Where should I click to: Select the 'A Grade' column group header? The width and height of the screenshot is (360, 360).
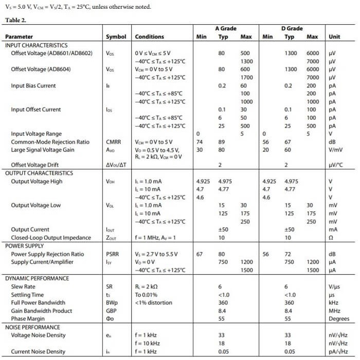tap(226, 28)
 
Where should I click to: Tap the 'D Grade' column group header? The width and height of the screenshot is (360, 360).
tap(292, 28)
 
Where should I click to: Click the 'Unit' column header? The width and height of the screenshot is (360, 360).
tap(334, 37)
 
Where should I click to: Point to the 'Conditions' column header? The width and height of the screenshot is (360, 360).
tap(149, 37)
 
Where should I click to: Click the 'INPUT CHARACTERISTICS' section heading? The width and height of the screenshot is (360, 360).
tap(36, 45)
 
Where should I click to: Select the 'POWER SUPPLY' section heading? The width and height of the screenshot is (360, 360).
tap(25, 246)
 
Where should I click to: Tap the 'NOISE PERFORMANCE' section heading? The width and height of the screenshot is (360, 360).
tap(33, 327)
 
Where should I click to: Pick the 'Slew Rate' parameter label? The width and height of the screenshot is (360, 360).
tap(23, 286)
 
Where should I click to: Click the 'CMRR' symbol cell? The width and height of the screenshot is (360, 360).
tap(114, 142)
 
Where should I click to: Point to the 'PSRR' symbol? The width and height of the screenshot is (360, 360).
tap(113, 254)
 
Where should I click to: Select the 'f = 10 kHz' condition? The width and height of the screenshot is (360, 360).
tap(147, 343)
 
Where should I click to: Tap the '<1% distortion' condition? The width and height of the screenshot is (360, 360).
tap(154, 302)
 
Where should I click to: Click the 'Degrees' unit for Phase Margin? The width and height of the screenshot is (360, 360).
tap(338, 319)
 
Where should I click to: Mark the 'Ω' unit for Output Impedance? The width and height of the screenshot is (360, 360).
tap(331, 238)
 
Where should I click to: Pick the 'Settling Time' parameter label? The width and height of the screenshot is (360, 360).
tap(28, 295)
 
